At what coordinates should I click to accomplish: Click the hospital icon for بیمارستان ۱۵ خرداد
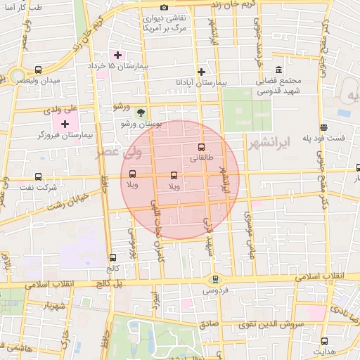pos(117,56)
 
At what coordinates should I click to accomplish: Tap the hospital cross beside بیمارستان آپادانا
pos(201,72)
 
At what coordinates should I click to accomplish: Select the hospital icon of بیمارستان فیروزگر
pos(65,124)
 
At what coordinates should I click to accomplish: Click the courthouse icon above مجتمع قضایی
pos(279,70)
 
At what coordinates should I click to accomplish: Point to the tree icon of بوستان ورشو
pos(141,112)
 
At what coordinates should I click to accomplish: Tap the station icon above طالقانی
pos(202,148)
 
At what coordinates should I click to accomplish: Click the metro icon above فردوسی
pos(215,278)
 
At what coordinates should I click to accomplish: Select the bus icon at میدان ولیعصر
pos(38,70)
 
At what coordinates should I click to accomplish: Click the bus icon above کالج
pos(112,258)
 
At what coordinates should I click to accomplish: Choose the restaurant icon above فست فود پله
pos(323,127)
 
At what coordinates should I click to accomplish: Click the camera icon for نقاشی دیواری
pos(164,8)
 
